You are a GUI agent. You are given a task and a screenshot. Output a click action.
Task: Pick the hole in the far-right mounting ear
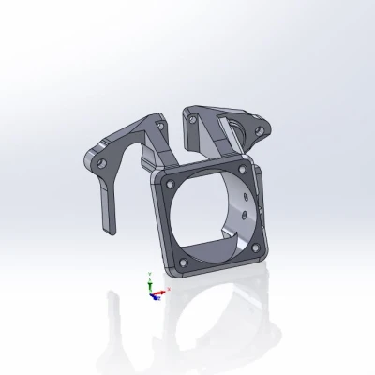(x=266, y=127)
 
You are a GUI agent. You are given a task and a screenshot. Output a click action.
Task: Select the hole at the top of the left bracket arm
(x=157, y=122)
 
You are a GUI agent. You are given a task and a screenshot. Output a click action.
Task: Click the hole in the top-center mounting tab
(x=191, y=119)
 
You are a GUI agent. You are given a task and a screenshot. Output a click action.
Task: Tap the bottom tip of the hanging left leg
(x=106, y=228)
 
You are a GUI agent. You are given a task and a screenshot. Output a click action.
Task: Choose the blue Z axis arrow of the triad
(x=150, y=296)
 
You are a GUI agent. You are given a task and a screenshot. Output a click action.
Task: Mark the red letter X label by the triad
(x=168, y=291)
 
